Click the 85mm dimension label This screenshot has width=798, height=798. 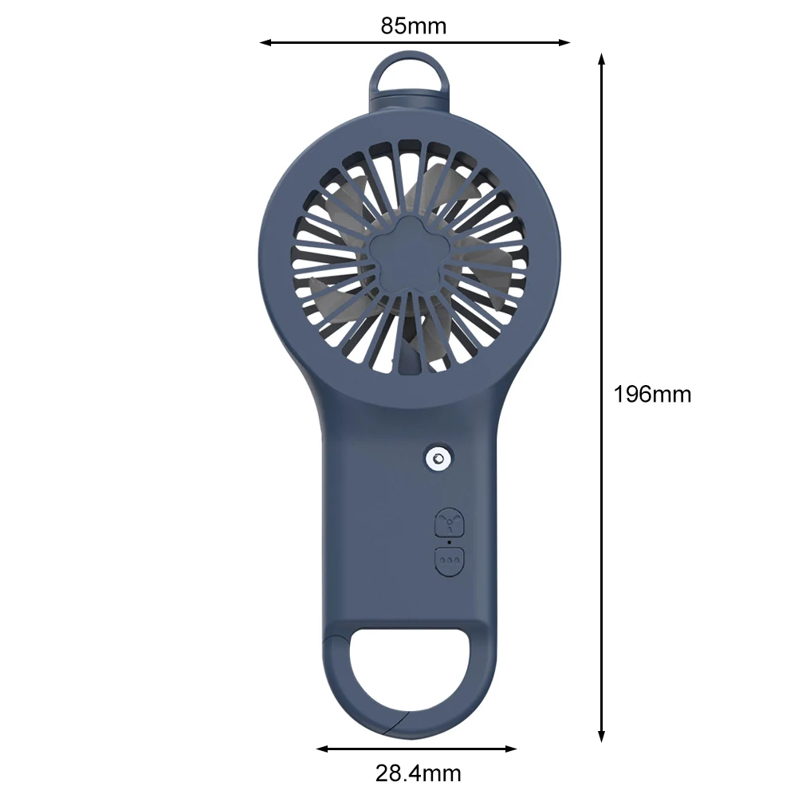pyautogui.click(x=413, y=26)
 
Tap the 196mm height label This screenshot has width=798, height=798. pyautogui.click(x=652, y=394)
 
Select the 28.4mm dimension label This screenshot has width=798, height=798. pyautogui.click(x=418, y=773)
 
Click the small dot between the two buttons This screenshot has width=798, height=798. pyautogui.click(x=449, y=542)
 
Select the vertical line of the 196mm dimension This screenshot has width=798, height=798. pyautogui.click(x=602, y=319)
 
